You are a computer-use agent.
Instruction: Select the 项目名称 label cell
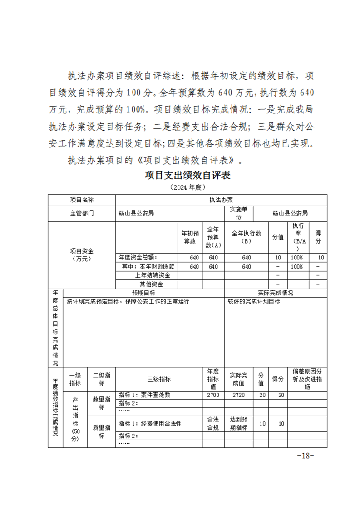82,200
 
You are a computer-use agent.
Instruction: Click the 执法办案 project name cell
221,200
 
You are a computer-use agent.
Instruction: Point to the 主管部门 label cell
82,213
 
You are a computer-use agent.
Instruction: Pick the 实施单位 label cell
238,213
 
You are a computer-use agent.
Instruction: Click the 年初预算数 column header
190,238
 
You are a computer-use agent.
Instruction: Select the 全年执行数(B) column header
247,237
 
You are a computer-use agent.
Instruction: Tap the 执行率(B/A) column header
299,237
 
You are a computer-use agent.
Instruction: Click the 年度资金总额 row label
138,258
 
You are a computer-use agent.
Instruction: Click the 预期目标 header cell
143,293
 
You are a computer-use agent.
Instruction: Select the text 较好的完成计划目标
254,302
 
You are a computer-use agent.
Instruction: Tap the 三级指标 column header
159,379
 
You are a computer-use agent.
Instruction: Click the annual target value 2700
213,395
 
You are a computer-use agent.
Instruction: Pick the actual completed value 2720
238,395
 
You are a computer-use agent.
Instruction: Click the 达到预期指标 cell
238,423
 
